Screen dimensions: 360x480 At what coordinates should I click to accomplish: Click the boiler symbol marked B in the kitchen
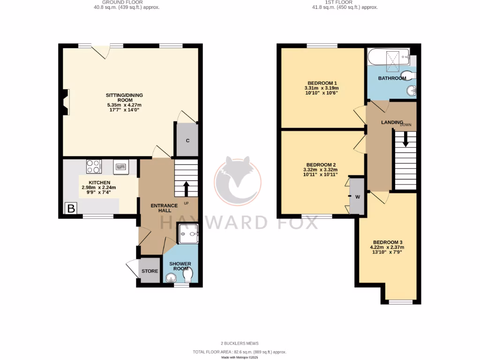[71, 209]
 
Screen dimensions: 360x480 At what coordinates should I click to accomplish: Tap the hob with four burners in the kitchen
[94, 166]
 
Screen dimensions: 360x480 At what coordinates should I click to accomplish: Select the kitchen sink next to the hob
[121, 166]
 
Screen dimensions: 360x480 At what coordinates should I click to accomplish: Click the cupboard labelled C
[187, 140]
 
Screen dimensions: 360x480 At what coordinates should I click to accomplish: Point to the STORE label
[150, 271]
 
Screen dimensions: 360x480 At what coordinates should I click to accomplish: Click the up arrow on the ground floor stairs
[186, 188]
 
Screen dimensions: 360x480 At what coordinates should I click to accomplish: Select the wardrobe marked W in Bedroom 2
[357, 196]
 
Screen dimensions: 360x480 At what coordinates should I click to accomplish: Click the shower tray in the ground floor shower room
[188, 233]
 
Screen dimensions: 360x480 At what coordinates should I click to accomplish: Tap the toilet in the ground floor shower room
[188, 278]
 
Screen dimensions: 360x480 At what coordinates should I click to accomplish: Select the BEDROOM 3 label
[387, 242]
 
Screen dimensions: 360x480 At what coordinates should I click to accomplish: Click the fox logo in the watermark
[238, 180]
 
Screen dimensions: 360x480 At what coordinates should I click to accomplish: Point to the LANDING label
[392, 122]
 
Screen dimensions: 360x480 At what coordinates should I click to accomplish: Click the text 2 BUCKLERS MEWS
[240, 343]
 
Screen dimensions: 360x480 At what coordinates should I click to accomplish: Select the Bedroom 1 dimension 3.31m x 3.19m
[321, 88]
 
